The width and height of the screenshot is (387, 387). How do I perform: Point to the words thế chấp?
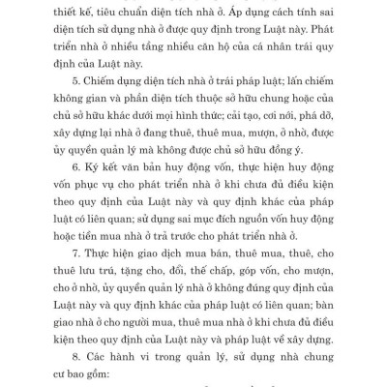click(226, 287)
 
